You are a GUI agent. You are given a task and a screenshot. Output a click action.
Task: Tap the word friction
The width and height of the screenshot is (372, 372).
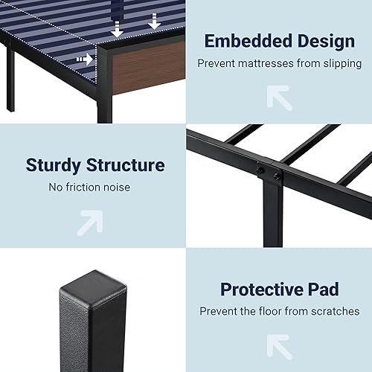(x=83, y=187)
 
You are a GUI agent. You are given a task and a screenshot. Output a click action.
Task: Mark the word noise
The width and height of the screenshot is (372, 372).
(x=116, y=187)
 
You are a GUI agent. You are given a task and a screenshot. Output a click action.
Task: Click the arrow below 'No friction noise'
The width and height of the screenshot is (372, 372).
(x=91, y=220)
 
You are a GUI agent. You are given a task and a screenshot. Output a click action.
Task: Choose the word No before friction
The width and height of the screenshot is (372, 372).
(x=57, y=187)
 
